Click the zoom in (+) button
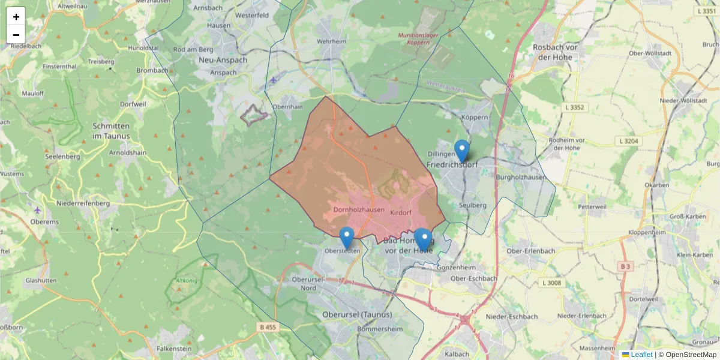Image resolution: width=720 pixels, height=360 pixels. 16,17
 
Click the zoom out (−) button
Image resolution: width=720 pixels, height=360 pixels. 16,35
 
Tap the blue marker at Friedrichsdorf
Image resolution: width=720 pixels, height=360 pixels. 461,151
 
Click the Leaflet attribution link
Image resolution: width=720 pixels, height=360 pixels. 641,355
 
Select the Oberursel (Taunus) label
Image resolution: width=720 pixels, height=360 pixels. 357,314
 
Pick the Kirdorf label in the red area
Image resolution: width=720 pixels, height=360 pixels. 400,213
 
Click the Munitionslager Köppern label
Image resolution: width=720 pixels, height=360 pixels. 418,39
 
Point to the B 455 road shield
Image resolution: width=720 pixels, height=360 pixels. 268,327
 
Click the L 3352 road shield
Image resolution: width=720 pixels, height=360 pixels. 574,107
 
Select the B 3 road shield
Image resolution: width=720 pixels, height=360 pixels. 626,266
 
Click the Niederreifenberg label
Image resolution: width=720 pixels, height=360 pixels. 83,203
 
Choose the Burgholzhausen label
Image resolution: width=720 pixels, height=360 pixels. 521,178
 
